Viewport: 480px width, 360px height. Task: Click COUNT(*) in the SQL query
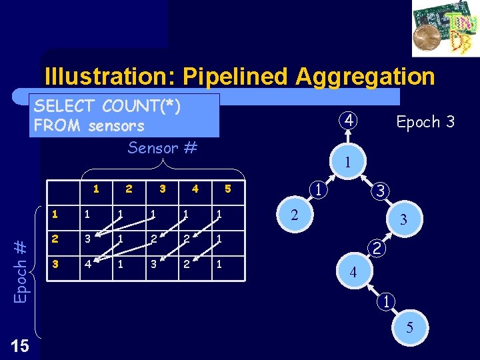click(x=142, y=105)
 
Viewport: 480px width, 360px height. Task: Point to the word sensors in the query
click(x=116, y=125)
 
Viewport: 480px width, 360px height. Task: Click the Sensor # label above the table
click(x=163, y=147)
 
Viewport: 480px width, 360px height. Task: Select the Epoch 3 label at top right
click(x=425, y=121)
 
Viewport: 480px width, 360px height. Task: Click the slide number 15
click(x=20, y=345)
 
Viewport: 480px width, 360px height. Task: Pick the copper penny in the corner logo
click(x=427, y=39)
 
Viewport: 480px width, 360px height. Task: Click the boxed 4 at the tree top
click(x=349, y=121)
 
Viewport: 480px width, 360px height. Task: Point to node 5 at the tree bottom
click(x=409, y=327)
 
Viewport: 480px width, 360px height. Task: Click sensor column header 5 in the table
click(x=228, y=189)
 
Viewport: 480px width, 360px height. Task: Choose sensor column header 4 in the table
click(x=195, y=189)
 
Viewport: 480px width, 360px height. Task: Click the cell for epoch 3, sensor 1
click(x=87, y=264)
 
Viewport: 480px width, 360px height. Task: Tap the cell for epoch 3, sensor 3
click(x=153, y=264)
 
